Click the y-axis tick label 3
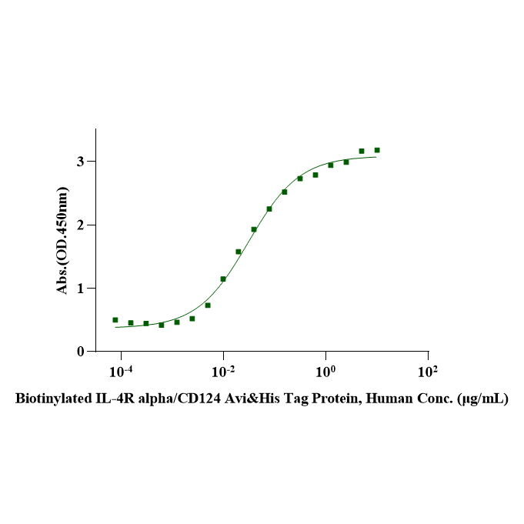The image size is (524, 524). coord(79,162)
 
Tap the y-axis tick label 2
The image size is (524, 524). coord(79,225)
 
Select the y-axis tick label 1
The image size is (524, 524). coord(79,289)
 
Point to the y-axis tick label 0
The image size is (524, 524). coord(79,352)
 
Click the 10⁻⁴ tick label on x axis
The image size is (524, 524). coord(121,372)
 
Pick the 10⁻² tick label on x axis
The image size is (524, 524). coord(223,372)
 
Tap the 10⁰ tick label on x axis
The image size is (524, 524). coord(325,372)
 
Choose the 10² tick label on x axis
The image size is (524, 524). coord(428,372)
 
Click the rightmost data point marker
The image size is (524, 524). coord(377,150)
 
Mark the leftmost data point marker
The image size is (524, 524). coord(115,320)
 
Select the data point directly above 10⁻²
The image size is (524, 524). coord(223,279)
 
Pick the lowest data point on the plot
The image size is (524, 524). coord(162,325)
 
